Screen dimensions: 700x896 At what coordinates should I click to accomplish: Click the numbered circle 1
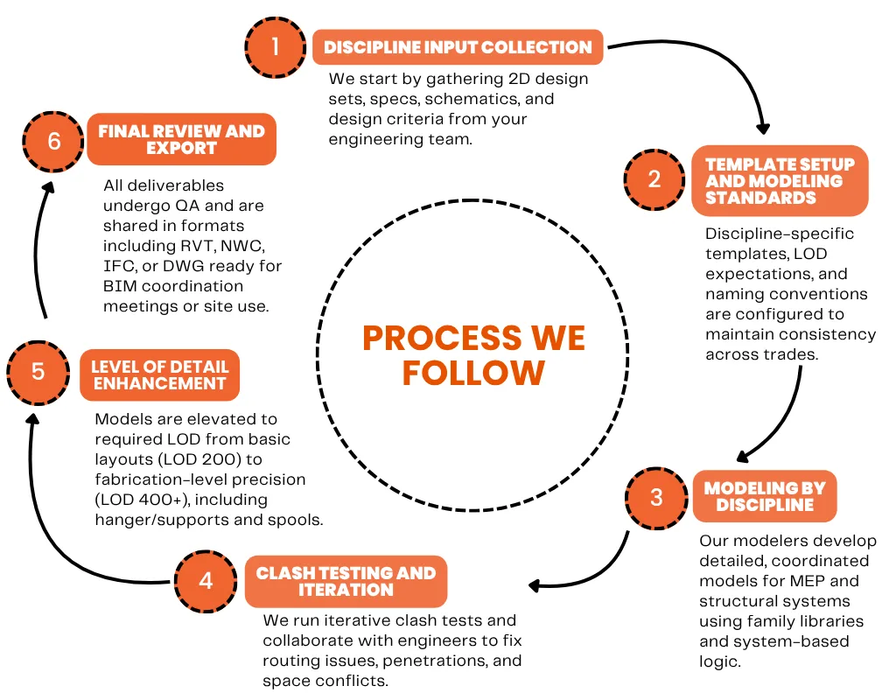[276, 46]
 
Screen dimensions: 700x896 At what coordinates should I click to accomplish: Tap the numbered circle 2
[654, 179]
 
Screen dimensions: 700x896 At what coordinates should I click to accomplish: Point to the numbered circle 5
[38, 371]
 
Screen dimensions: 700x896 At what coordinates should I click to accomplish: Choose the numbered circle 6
[54, 140]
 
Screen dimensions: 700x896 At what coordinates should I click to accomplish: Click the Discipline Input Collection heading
[458, 47]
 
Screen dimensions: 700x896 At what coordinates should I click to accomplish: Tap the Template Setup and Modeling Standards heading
[780, 181]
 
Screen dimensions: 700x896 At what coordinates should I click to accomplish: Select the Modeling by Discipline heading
[765, 497]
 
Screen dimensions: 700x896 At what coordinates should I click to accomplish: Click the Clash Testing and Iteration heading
[346, 581]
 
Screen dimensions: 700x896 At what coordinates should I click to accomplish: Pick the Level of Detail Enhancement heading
[159, 374]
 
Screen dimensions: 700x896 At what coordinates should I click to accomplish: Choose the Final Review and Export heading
[181, 140]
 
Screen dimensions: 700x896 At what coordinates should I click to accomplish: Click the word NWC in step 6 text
[249, 246]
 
